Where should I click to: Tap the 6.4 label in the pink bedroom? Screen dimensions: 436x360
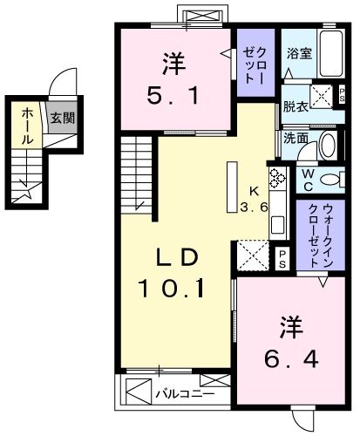[285, 357]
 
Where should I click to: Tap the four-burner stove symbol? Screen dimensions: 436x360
[278, 177]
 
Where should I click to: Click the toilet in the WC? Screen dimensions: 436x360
[329, 180]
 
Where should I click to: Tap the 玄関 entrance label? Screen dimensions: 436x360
[60, 117]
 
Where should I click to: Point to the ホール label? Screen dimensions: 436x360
[27, 126]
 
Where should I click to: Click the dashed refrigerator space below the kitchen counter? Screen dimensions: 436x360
[255, 255]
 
